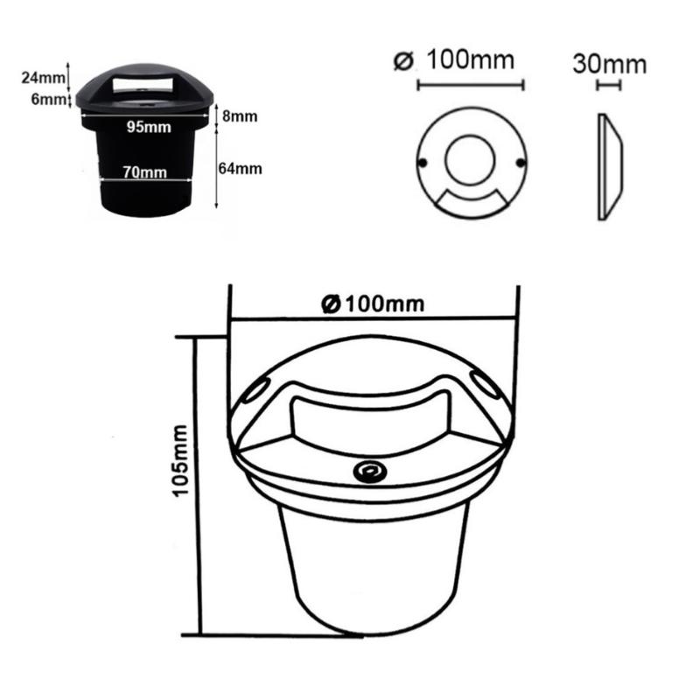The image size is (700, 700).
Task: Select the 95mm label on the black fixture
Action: [147, 127]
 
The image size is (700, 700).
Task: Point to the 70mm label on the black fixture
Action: [144, 171]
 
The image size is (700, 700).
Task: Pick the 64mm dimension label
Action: [240, 168]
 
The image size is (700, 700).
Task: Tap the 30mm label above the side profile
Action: [610, 64]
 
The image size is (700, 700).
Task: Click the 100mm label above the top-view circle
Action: [471, 62]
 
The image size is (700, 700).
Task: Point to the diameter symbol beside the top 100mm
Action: [403, 62]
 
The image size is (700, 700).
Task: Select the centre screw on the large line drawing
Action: [365, 472]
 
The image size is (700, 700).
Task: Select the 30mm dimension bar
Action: [608, 86]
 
